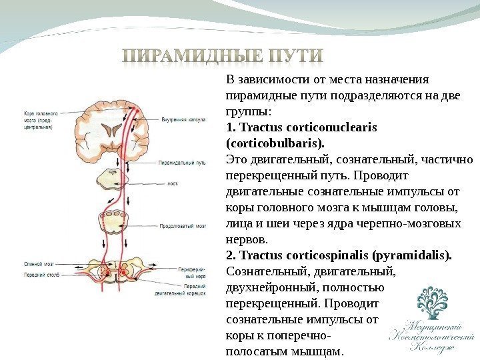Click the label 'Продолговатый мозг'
click(x=182, y=227)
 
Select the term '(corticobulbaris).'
click(x=275, y=143)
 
